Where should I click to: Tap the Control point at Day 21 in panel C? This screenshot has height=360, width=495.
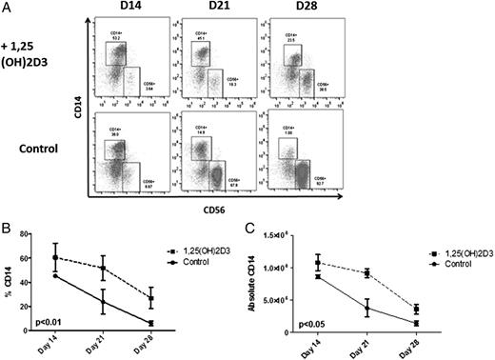pyautogui.click(x=366, y=308)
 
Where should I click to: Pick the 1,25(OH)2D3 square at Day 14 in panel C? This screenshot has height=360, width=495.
pyautogui.click(x=319, y=262)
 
